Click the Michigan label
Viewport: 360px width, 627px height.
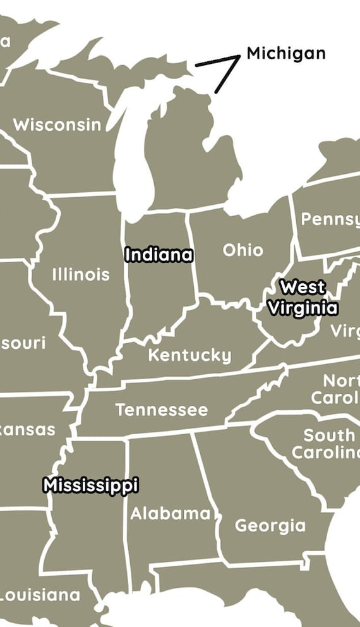pyautogui.click(x=285, y=53)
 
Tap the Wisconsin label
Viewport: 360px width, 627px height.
pyautogui.click(x=57, y=125)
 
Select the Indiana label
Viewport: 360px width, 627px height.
pyautogui.click(x=159, y=255)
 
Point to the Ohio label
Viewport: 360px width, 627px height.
pyautogui.click(x=243, y=250)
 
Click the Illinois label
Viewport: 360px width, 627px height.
pyautogui.click(x=80, y=275)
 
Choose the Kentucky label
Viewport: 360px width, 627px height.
pyautogui.click(x=189, y=355)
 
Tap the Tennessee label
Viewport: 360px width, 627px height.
pyautogui.click(x=162, y=410)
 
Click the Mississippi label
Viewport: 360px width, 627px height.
pyautogui.click(x=90, y=485)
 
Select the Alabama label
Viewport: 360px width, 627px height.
pyautogui.click(x=170, y=513)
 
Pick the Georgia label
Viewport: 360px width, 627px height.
pyautogui.click(x=270, y=525)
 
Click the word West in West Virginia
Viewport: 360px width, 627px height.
pyautogui.click(x=303, y=288)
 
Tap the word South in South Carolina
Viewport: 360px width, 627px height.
pyautogui.click(x=329, y=435)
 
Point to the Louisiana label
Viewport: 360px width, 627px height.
pyautogui.click(x=40, y=595)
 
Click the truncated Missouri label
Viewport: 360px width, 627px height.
pyautogui.click(x=23, y=344)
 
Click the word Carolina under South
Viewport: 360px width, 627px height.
pyautogui.click(x=325, y=453)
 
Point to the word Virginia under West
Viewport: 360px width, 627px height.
pyautogui.click(x=303, y=308)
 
